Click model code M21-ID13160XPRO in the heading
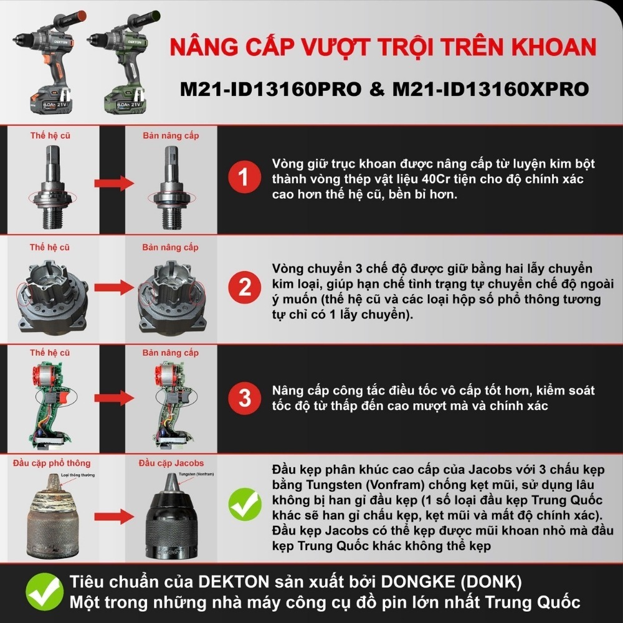point(490,89)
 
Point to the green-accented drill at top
point(121,59)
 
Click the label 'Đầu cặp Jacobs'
point(171,463)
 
